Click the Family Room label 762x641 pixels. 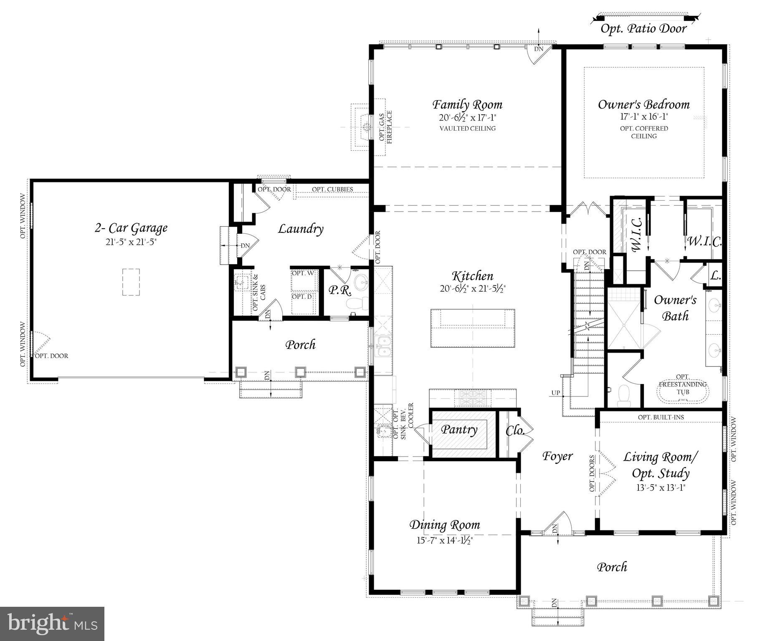[x=467, y=104]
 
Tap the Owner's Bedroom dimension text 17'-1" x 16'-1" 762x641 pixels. [x=643, y=117]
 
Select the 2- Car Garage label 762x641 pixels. [x=131, y=228]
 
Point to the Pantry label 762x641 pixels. [x=459, y=429]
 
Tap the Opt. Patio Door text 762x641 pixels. [x=643, y=29]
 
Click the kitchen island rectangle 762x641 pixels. [x=473, y=328]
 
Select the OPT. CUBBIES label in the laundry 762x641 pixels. [x=332, y=189]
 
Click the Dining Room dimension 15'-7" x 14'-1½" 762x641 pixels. [x=444, y=540]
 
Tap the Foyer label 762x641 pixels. [x=557, y=456]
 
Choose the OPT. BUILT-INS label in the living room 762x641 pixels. [x=661, y=417]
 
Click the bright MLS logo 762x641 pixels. [x=52, y=623]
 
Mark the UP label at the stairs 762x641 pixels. [x=555, y=393]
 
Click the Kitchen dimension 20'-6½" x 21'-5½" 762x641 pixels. [x=473, y=288]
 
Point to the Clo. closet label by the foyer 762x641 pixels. [x=515, y=431]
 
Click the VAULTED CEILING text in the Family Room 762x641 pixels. [x=467, y=129]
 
